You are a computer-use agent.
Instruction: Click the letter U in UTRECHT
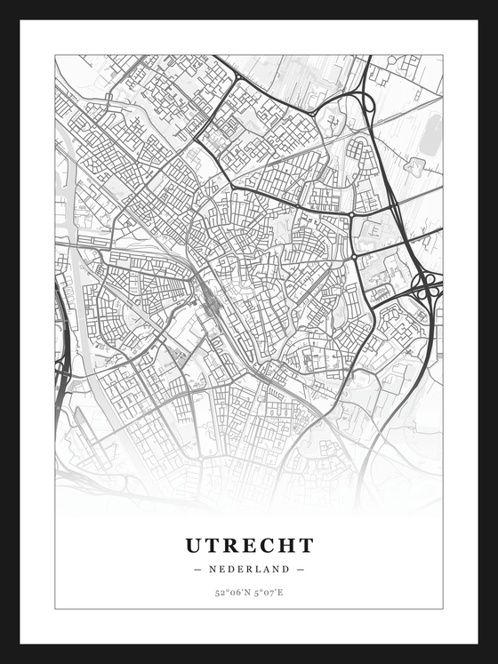(195, 545)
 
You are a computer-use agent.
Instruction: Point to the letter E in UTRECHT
(251, 545)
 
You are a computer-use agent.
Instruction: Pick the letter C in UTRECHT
(269, 545)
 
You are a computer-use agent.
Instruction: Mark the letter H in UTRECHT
(287, 545)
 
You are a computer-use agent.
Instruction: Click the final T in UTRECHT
(306, 545)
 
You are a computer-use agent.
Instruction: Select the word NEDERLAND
(249, 569)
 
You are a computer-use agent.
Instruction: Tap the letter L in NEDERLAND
(261, 569)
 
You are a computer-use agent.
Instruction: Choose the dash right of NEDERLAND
(301, 569)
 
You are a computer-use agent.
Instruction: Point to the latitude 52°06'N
(231, 592)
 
